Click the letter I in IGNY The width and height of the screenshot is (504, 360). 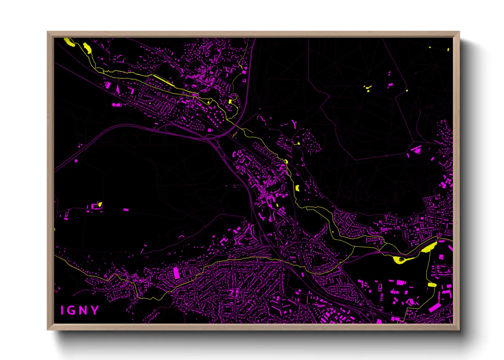tap(62, 310)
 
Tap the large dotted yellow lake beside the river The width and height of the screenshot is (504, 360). tap(429, 247)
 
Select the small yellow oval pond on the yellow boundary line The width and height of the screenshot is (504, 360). tap(432, 285)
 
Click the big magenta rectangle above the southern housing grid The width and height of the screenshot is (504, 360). tap(176, 273)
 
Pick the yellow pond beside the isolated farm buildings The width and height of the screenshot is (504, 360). tap(100, 204)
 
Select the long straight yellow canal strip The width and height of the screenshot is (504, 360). tap(164, 81)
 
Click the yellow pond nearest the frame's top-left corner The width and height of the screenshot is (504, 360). tap(70, 42)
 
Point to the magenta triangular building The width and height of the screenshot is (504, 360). tap(118, 89)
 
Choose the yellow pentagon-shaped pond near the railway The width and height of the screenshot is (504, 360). tap(297, 187)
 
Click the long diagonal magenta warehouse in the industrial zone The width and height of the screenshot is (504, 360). tap(435, 308)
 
